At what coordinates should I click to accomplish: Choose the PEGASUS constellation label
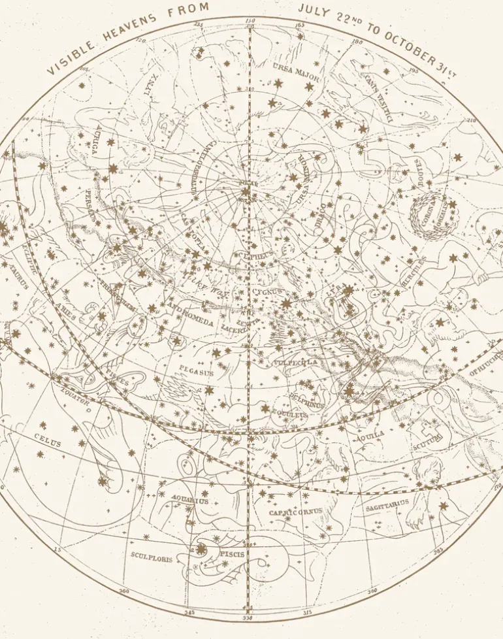click(197, 373)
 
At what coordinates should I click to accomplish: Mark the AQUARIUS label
click(189, 501)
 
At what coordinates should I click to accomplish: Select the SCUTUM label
click(428, 441)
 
